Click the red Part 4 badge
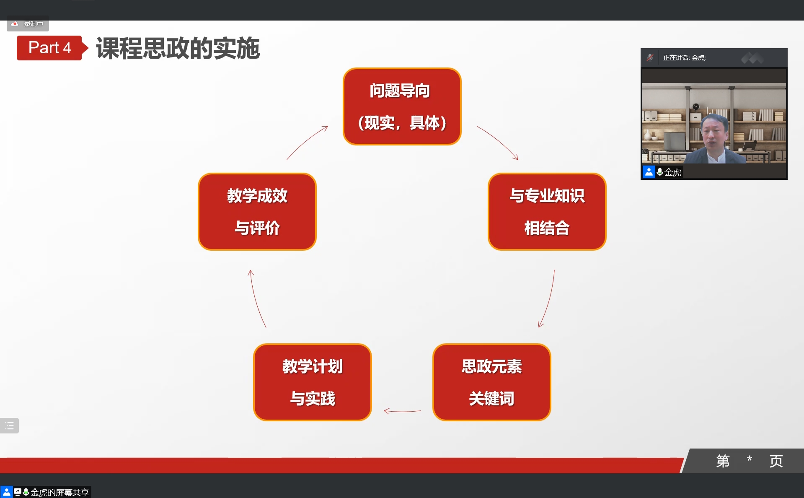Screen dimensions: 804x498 point(49,48)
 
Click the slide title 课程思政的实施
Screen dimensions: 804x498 point(178,48)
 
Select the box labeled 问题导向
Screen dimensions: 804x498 point(402,106)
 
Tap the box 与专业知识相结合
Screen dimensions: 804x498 point(547,212)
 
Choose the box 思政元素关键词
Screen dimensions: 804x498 point(492,382)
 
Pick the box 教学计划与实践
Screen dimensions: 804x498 point(313,382)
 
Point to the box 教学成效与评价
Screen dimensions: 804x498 point(257,212)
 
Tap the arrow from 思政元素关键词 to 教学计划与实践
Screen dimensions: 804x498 point(402,411)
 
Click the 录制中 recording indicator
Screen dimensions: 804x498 point(28,24)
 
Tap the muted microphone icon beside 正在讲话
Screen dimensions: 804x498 point(650,58)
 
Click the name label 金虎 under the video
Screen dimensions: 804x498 point(673,172)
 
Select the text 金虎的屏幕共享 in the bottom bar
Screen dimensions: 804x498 point(60,493)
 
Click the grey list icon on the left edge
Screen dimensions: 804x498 point(9,426)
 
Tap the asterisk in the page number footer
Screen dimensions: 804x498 point(750,459)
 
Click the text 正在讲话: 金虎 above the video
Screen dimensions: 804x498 point(684,58)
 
